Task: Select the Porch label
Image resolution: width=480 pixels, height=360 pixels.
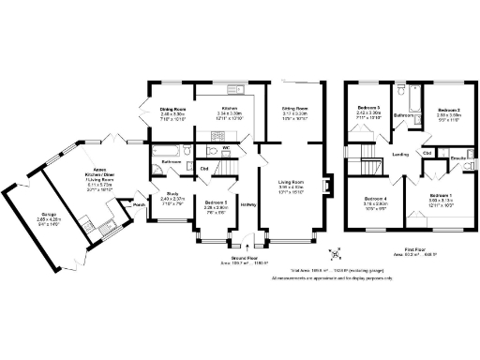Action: [x=139, y=204]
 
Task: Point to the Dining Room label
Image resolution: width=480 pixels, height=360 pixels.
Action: [x=172, y=109]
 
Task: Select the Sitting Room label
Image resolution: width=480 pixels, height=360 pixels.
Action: [x=295, y=109]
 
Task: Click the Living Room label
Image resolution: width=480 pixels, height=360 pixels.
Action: [x=295, y=182]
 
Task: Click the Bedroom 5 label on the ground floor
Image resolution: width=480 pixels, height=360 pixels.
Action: [x=216, y=202]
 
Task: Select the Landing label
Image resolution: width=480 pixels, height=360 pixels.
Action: [x=399, y=154]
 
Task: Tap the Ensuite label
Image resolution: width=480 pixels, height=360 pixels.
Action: [x=458, y=158]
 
